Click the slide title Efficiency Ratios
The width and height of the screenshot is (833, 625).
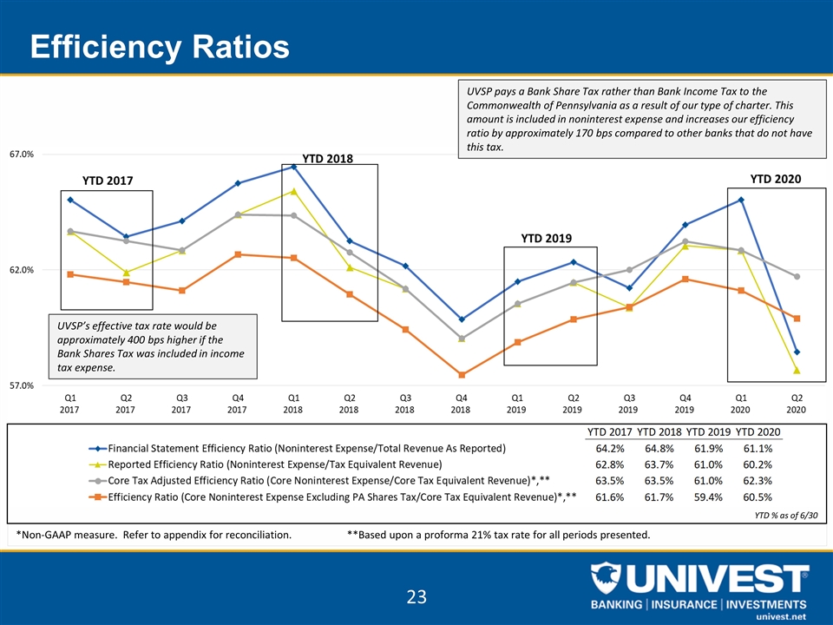point(159,46)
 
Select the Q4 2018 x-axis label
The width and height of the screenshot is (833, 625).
point(461,403)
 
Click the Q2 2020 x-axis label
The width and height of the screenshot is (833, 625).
point(795,403)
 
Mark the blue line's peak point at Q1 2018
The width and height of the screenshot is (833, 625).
point(293,166)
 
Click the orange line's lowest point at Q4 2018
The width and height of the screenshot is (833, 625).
point(462,375)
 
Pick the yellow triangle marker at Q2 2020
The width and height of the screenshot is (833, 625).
point(796,371)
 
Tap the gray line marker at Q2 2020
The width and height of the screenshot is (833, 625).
point(796,277)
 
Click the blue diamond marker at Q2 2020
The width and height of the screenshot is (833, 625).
point(796,352)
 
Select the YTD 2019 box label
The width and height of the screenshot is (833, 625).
point(547,237)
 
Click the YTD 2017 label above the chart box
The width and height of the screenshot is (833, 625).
point(108,181)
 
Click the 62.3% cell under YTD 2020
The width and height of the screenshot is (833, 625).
point(755,480)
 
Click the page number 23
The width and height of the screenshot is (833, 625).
point(416,596)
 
